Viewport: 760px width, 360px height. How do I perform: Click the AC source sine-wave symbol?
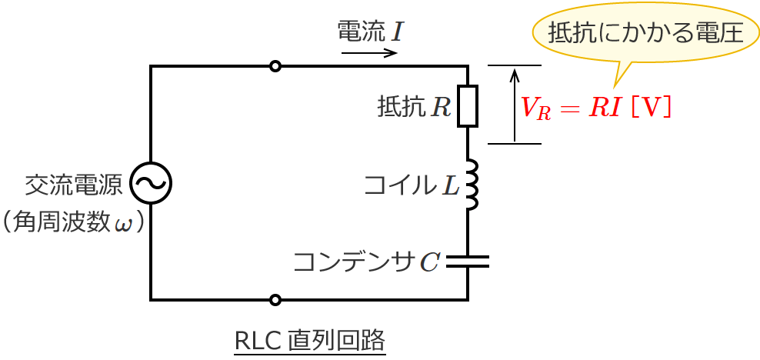point(151,183)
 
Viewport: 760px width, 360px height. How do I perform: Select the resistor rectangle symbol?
point(468,106)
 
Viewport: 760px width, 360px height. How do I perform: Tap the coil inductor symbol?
point(471,185)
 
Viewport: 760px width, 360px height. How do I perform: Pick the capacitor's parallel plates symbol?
point(468,262)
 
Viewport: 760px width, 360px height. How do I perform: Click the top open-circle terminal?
point(275,66)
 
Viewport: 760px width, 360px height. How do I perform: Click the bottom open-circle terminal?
point(275,299)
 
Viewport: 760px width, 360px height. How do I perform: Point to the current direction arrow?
point(369,53)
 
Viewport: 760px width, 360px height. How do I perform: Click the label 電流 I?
point(370,31)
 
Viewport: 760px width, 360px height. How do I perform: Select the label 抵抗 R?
point(414,107)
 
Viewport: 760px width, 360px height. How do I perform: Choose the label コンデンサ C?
point(366,262)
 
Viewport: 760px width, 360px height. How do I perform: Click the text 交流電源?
point(74,185)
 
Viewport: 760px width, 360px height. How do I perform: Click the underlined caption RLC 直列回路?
point(309,339)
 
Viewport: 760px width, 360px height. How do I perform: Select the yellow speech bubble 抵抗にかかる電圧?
point(645,33)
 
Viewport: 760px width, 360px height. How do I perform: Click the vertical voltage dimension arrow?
point(515,105)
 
